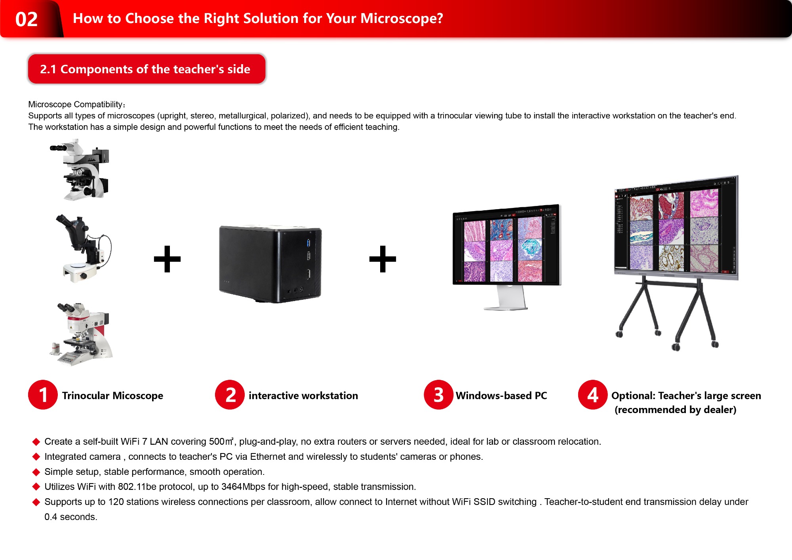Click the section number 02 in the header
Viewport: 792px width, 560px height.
27,19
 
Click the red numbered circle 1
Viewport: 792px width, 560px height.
43,394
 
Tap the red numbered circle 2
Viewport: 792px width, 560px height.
230,394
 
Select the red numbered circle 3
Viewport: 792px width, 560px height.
438,394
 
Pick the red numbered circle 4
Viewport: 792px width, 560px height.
593,394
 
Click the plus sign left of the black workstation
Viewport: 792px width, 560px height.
167,259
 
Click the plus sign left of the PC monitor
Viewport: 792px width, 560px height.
383,259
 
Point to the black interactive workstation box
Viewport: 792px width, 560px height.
270,264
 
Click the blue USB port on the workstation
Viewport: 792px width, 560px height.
308,242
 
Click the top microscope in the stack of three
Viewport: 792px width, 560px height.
80,169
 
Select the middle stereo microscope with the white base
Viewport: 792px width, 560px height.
84,248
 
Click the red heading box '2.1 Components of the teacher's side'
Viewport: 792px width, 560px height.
147,69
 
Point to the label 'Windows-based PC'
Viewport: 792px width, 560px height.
501,396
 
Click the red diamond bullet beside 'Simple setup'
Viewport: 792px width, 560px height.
36,472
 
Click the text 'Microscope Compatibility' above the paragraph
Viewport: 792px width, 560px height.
75,105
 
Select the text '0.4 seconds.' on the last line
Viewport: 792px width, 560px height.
71,517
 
